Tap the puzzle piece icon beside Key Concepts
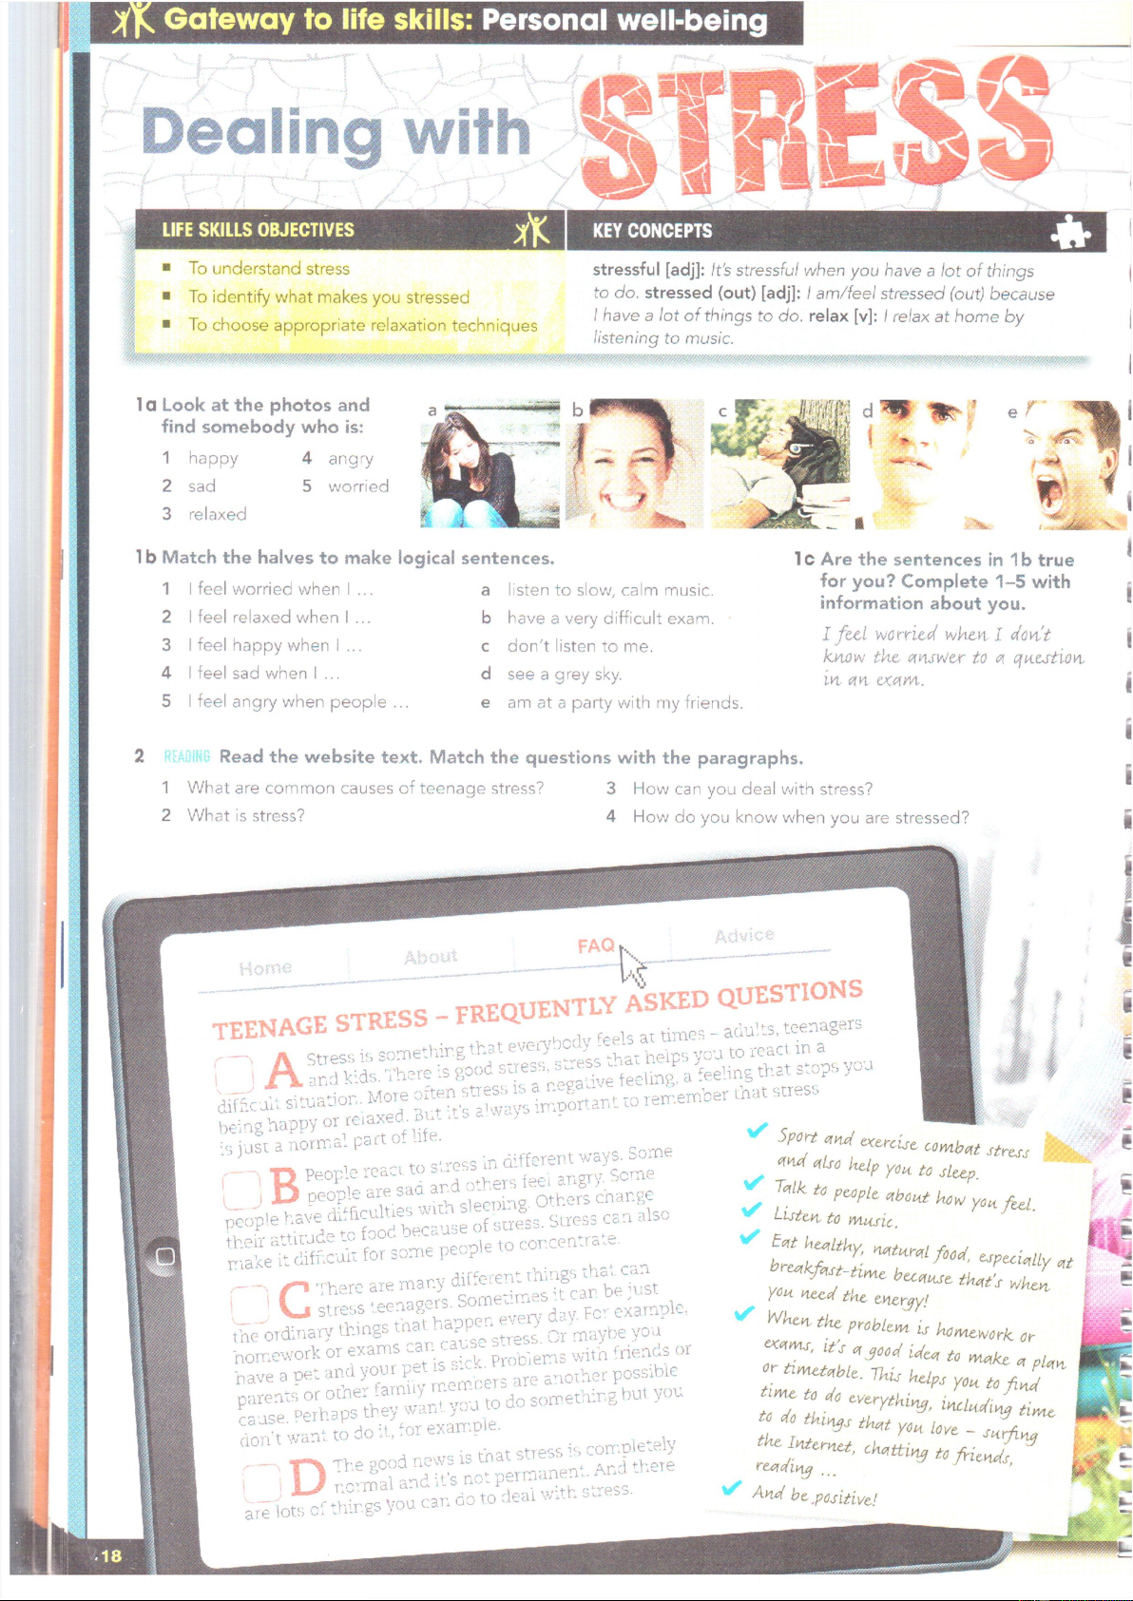[1070, 231]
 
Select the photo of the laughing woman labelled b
[634, 463]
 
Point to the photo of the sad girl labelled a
[490, 463]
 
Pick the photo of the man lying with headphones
[779, 463]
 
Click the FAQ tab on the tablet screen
[595, 945]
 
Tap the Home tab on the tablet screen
[265, 968]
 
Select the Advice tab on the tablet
[744, 935]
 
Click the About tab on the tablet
[431, 956]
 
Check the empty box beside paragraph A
[234, 1075]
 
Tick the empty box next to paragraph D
[260, 1484]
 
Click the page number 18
[111, 1556]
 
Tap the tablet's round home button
[165, 1256]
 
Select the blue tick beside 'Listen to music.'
[751, 1209]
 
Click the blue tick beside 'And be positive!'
[731, 1487]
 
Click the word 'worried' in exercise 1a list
[358, 486]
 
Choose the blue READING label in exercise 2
[186, 756]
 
